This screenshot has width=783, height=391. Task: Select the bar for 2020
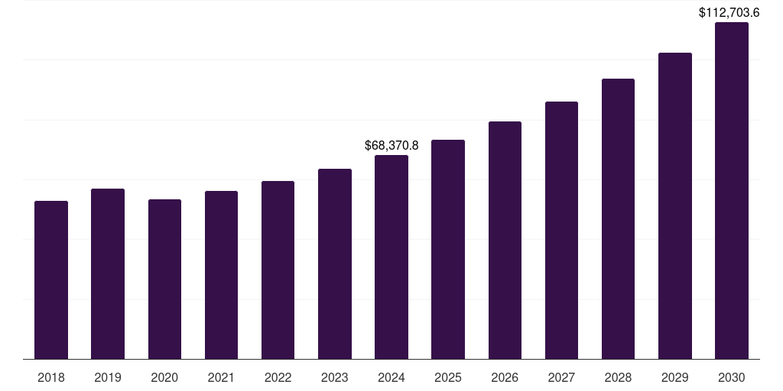tap(164, 279)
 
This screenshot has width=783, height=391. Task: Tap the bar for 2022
tap(278, 270)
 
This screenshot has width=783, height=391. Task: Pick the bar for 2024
tap(391, 257)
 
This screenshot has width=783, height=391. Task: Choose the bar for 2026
tap(505, 240)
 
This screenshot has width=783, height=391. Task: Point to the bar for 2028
tap(618, 218)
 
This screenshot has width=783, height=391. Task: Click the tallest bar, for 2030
tap(732, 190)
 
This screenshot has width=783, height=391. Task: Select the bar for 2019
tap(108, 273)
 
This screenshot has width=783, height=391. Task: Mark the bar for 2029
tap(675, 205)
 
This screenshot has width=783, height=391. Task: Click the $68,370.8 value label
tap(391, 145)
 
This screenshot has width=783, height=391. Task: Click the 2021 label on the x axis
tap(221, 377)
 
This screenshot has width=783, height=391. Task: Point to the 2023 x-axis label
tap(335, 377)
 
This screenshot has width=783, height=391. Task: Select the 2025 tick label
tap(448, 377)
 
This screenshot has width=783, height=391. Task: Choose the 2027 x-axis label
tap(561, 377)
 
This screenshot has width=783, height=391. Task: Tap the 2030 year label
tap(732, 377)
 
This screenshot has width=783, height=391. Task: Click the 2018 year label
tap(51, 377)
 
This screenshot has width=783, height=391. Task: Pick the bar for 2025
tap(448, 249)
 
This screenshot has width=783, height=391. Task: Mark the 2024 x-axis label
tap(391, 377)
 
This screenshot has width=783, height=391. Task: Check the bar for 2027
tap(561, 230)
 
